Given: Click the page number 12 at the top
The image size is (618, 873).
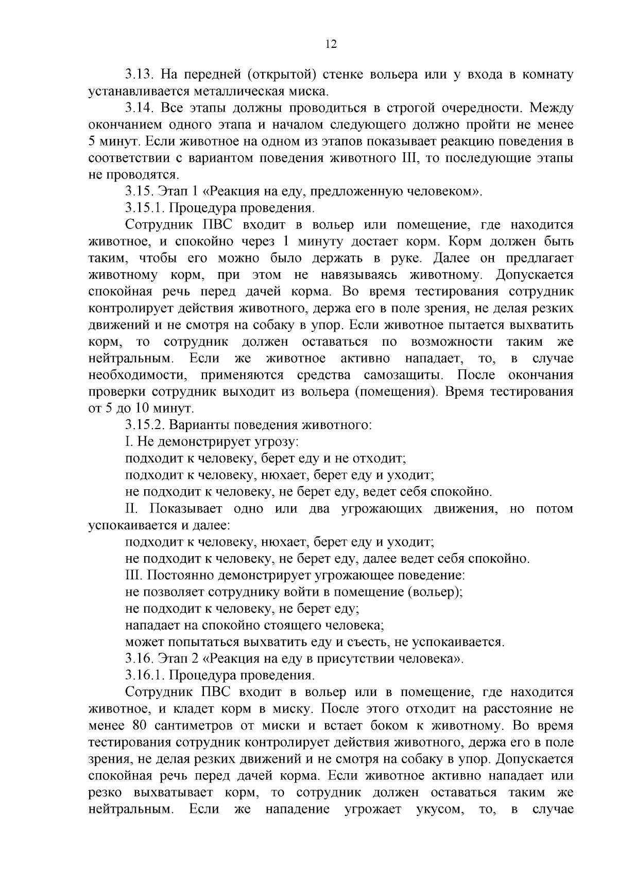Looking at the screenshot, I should click(331, 44).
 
